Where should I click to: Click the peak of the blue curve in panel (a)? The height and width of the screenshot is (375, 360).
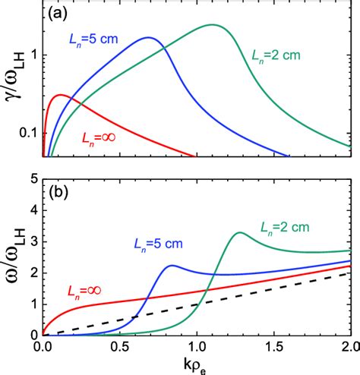point(149,38)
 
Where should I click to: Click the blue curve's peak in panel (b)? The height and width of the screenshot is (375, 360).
point(172,265)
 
